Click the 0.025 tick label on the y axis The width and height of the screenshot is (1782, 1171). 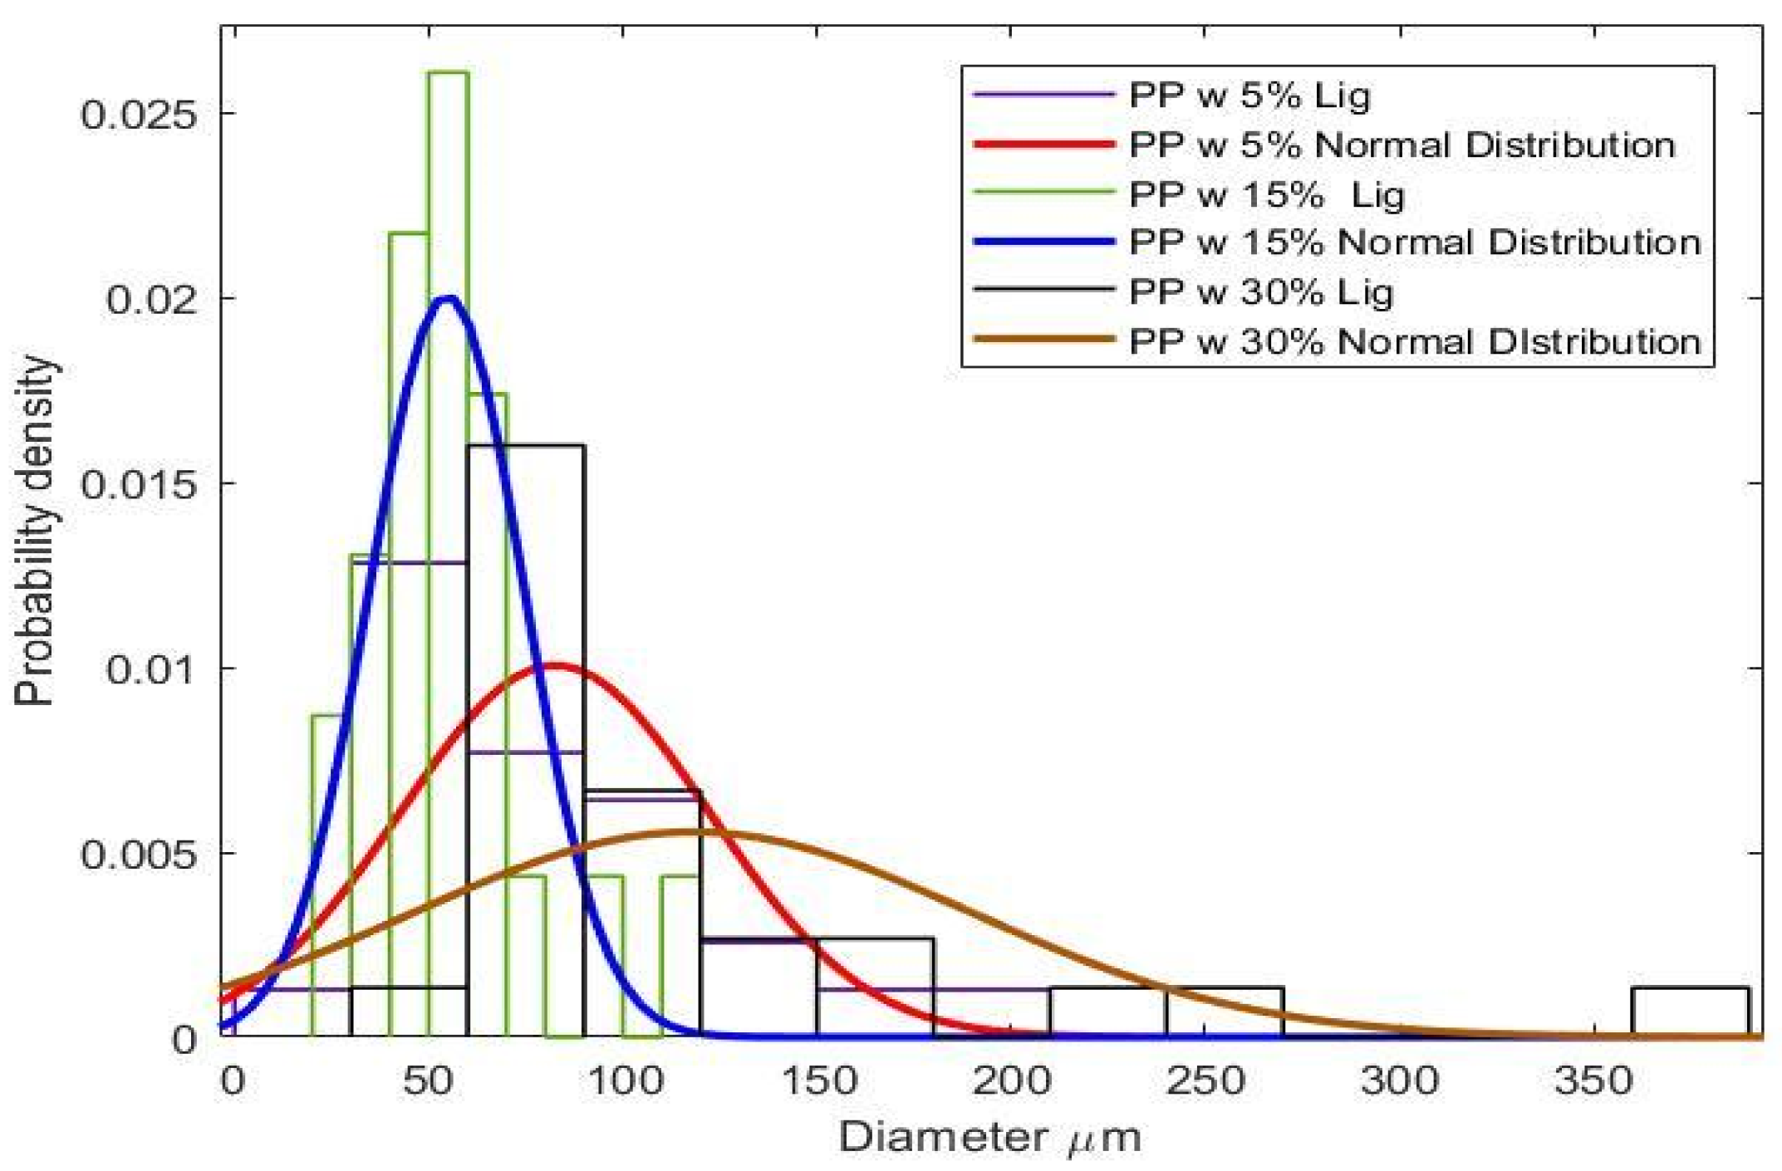pyautogui.click(x=139, y=114)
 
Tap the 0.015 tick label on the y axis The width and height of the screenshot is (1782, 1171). pyautogui.click(x=139, y=484)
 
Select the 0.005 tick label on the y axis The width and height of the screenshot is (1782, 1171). pyautogui.click(x=139, y=854)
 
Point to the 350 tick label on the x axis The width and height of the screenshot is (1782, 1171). pyautogui.click(x=1593, y=1081)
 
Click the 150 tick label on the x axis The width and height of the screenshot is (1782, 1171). pyautogui.click(x=817, y=1081)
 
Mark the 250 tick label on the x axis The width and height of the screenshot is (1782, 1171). pyautogui.click(x=1205, y=1081)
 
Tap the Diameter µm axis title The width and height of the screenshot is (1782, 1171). pyautogui.click(x=989, y=1137)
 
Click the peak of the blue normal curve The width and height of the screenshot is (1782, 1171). pyautogui.click(x=449, y=298)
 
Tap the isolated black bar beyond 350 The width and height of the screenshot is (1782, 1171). pyautogui.click(x=1690, y=1012)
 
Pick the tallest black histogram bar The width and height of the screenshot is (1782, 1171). pyautogui.click(x=526, y=739)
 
